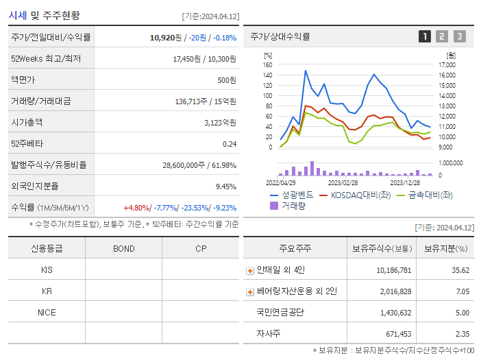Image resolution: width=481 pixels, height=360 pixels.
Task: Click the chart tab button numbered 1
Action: tap(425, 37)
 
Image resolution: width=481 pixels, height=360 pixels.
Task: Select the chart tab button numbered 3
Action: tap(459, 37)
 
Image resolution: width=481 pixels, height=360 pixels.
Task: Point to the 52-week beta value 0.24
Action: tap(230, 144)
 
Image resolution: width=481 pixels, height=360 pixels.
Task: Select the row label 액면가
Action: tap(27, 80)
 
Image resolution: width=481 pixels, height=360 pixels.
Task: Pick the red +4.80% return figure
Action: tap(136, 208)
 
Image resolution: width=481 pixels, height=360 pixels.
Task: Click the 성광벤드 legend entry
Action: tap(294, 195)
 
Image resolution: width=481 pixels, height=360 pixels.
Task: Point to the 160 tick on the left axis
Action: tap(267, 65)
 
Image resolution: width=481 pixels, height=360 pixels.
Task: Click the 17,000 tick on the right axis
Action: tap(447, 65)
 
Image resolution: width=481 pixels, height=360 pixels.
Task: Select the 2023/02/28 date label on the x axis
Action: tap(343, 182)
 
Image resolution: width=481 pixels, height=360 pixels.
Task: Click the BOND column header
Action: tap(123, 248)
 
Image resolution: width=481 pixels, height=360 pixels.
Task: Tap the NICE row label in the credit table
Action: tap(47, 313)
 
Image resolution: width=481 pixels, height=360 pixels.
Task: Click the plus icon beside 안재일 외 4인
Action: tap(250, 270)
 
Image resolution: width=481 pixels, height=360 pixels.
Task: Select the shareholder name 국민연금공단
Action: tap(281, 313)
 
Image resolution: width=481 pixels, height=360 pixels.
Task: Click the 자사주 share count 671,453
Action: tap(394, 334)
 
